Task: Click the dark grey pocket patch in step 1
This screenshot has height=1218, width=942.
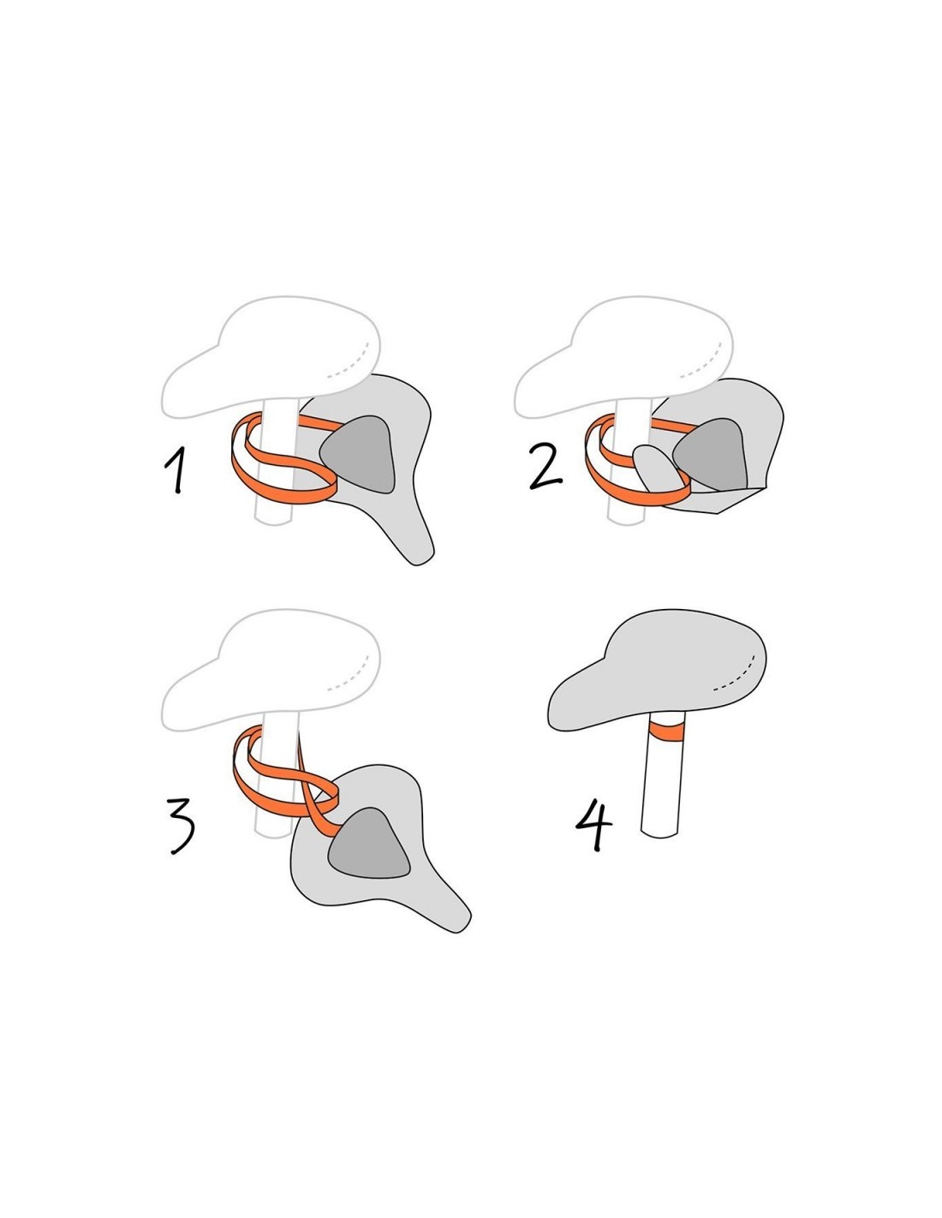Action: point(359,455)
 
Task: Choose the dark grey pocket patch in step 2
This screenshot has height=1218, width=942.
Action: point(712,453)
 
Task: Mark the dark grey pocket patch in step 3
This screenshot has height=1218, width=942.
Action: point(369,843)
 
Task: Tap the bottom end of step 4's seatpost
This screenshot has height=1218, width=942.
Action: point(659,834)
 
